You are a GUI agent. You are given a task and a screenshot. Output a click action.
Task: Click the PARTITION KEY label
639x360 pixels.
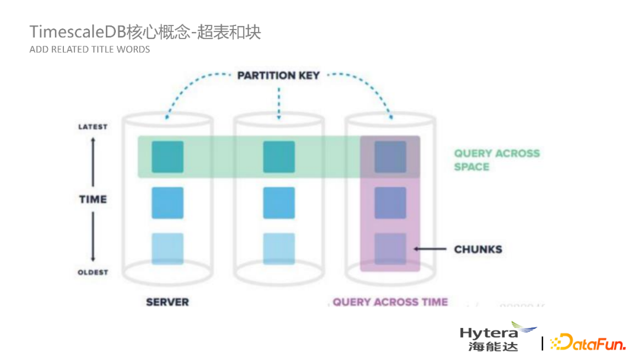tap(278, 75)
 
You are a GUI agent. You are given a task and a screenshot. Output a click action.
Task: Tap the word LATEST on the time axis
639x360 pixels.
tap(93, 127)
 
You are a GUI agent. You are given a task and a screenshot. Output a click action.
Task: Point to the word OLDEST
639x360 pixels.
tap(93, 272)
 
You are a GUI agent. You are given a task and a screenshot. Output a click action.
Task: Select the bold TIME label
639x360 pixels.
tap(93, 200)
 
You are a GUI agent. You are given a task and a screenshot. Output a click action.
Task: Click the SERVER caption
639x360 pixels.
tap(167, 302)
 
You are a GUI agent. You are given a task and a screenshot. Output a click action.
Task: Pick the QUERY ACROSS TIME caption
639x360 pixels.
tap(390, 302)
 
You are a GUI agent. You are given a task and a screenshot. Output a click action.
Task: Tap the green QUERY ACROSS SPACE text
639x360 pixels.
tap(496, 160)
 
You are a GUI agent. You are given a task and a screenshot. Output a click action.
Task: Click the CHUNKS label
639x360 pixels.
tap(478, 249)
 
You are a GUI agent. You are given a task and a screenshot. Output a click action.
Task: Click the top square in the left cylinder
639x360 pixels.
tap(167, 157)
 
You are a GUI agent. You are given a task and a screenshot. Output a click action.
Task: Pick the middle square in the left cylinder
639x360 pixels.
tap(167, 202)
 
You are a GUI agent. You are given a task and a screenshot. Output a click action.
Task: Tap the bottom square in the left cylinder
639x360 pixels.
tap(167, 249)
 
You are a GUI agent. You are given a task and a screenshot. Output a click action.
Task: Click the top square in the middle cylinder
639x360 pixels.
tap(279, 157)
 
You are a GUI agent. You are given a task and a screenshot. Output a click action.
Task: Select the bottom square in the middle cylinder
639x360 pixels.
tap(279, 249)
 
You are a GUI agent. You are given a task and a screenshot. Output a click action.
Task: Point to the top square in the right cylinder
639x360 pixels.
tap(390, 157)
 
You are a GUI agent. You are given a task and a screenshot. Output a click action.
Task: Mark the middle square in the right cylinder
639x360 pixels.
tap(390, 202)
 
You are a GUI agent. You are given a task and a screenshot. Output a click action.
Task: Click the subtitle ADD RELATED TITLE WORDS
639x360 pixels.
tap(90, 50)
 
